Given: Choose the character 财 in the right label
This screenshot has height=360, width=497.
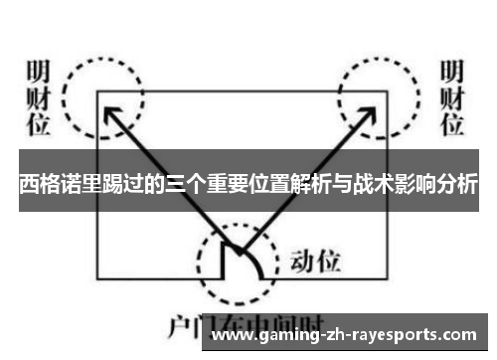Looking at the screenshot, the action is [452, 99].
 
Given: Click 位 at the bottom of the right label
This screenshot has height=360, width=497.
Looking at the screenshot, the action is [452, 124].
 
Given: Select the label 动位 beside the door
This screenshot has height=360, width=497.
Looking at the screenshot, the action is [315, 263].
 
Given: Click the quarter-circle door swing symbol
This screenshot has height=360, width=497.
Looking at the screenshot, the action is [243, 259].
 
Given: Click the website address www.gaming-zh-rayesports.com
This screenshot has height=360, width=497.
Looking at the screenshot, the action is [348, 336].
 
